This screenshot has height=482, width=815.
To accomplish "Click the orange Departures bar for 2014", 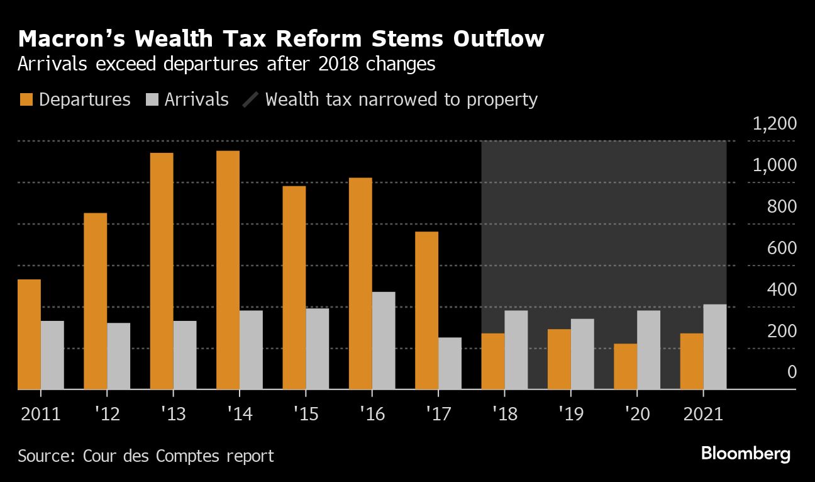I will click(x=228, y=270).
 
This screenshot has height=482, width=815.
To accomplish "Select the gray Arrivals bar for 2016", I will click(x=384, y=340).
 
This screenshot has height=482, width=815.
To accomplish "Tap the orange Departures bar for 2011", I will click(x=29, y=334).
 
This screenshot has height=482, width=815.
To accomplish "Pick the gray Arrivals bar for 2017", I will click(x=450, y=363).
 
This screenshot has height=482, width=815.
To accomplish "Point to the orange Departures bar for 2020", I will click(x=626, y=366).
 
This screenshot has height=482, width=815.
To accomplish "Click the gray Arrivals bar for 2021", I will click(x=715, y=347).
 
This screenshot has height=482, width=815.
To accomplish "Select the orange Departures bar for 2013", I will click(x=162, y=271).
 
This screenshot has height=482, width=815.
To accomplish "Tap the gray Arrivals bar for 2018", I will click(x=516, y=350).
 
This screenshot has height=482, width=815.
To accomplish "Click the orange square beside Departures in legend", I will click(x=26, y=99).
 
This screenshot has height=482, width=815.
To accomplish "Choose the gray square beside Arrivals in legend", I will click(x=152, y=99).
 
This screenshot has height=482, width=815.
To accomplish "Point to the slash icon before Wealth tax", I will click(x=251, y=99).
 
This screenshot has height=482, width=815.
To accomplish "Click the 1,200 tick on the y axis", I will click(x=774, y=123).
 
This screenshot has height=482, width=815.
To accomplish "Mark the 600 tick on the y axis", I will click(x=782, y=248).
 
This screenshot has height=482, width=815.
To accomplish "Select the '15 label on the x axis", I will click(x=305, y=415).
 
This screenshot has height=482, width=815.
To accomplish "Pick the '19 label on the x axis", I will click(x=571, y=415).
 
